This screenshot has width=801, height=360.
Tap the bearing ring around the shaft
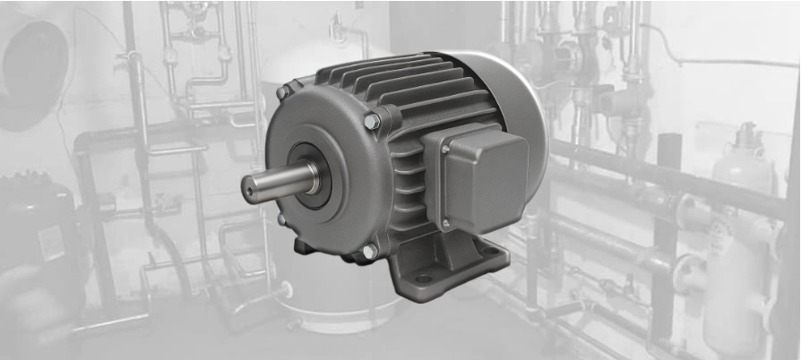click(313, 176)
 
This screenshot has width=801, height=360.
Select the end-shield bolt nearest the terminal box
click(373, 121)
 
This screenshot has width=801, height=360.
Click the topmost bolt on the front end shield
click(283, 92)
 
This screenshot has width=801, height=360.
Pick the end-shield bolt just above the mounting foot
click(369, 252)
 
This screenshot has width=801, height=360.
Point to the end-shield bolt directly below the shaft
click(281, 219)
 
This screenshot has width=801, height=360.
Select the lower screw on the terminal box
click(446, 224)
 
